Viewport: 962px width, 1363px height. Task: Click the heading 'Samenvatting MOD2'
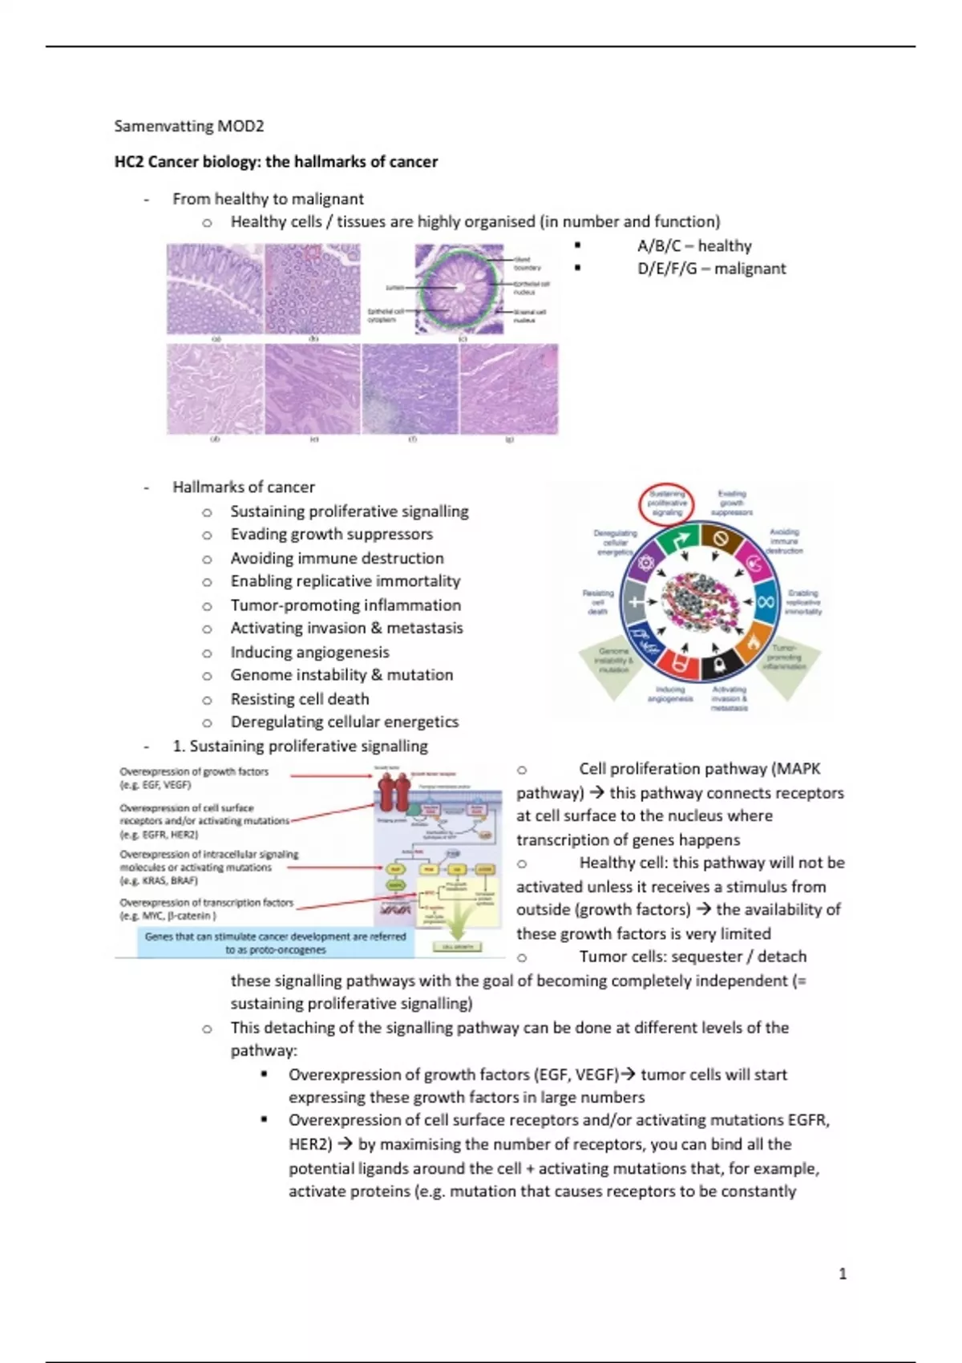189,126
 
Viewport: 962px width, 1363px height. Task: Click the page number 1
842,1273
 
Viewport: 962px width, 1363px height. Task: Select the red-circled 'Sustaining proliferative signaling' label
668,503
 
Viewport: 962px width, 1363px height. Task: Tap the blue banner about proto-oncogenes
276,943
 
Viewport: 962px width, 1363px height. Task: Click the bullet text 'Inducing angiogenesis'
309,652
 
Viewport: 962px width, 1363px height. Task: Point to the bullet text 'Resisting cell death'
300,699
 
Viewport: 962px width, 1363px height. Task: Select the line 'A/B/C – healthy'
694,246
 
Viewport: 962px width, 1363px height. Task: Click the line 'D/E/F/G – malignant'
711,269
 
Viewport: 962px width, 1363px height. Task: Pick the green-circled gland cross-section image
460,289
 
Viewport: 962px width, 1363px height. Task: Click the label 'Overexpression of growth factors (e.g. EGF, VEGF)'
195,778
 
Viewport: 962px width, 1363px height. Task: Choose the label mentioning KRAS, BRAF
208,868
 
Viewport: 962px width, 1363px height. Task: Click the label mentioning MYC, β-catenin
206,908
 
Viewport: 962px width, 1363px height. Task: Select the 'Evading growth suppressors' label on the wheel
732,503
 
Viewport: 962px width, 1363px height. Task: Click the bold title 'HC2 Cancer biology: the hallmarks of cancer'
276,162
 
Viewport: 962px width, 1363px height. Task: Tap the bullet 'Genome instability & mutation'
342,675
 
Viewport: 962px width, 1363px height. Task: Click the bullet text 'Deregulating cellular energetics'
345,722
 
